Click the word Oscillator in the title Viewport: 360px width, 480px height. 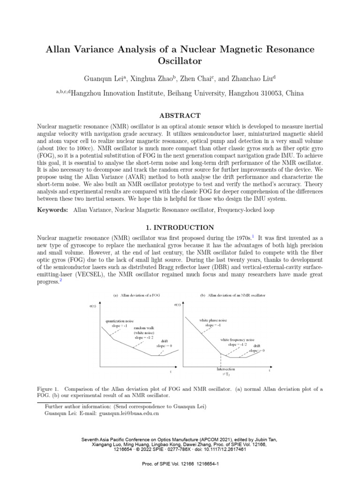tap(180, 61)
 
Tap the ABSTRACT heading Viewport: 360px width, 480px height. tap(180, 115)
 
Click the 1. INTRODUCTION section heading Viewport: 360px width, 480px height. tap(180, 227)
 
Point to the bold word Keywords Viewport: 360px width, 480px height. tap(52, 210)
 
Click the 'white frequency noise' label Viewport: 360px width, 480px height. tap(238, 339)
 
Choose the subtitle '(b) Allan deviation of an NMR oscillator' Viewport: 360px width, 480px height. tap(232, 295)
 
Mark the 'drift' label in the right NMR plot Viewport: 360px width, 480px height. tap(257, 345)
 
